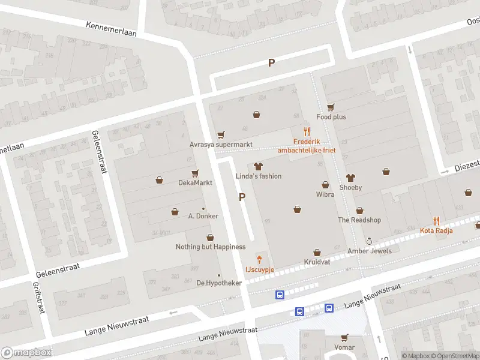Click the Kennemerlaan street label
tap(111, 29)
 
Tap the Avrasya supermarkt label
tap(221, 145)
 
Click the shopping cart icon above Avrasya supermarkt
tap(221, 135)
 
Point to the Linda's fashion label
tap(258, 176)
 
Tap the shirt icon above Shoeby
tap(351, 178)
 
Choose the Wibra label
tap(325, 194)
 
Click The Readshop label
tap(359, 220)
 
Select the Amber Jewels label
tap(369, 251)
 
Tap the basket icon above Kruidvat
tap(317, 253)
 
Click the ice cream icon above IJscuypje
tap(259, 260)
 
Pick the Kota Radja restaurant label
tap(436, 230)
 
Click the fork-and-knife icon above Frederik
tap(307, 131)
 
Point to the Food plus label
tap(331, 117)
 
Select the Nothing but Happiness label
tap(210, 247)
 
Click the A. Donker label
tap(203, 216)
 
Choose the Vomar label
tap(344, 347)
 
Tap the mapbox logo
tap(26, 353)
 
